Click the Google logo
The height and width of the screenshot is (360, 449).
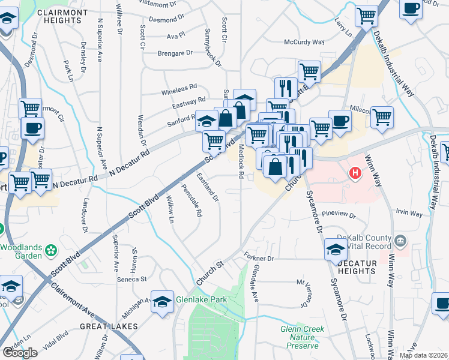point(20,353)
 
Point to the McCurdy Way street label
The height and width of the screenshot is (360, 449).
point(304,43)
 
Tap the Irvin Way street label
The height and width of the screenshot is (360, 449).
point(409,212)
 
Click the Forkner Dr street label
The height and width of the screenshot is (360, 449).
point(259,259)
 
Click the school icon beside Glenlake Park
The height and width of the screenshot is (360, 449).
point(162,301)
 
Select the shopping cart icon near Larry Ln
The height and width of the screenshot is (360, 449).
point(366,15)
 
